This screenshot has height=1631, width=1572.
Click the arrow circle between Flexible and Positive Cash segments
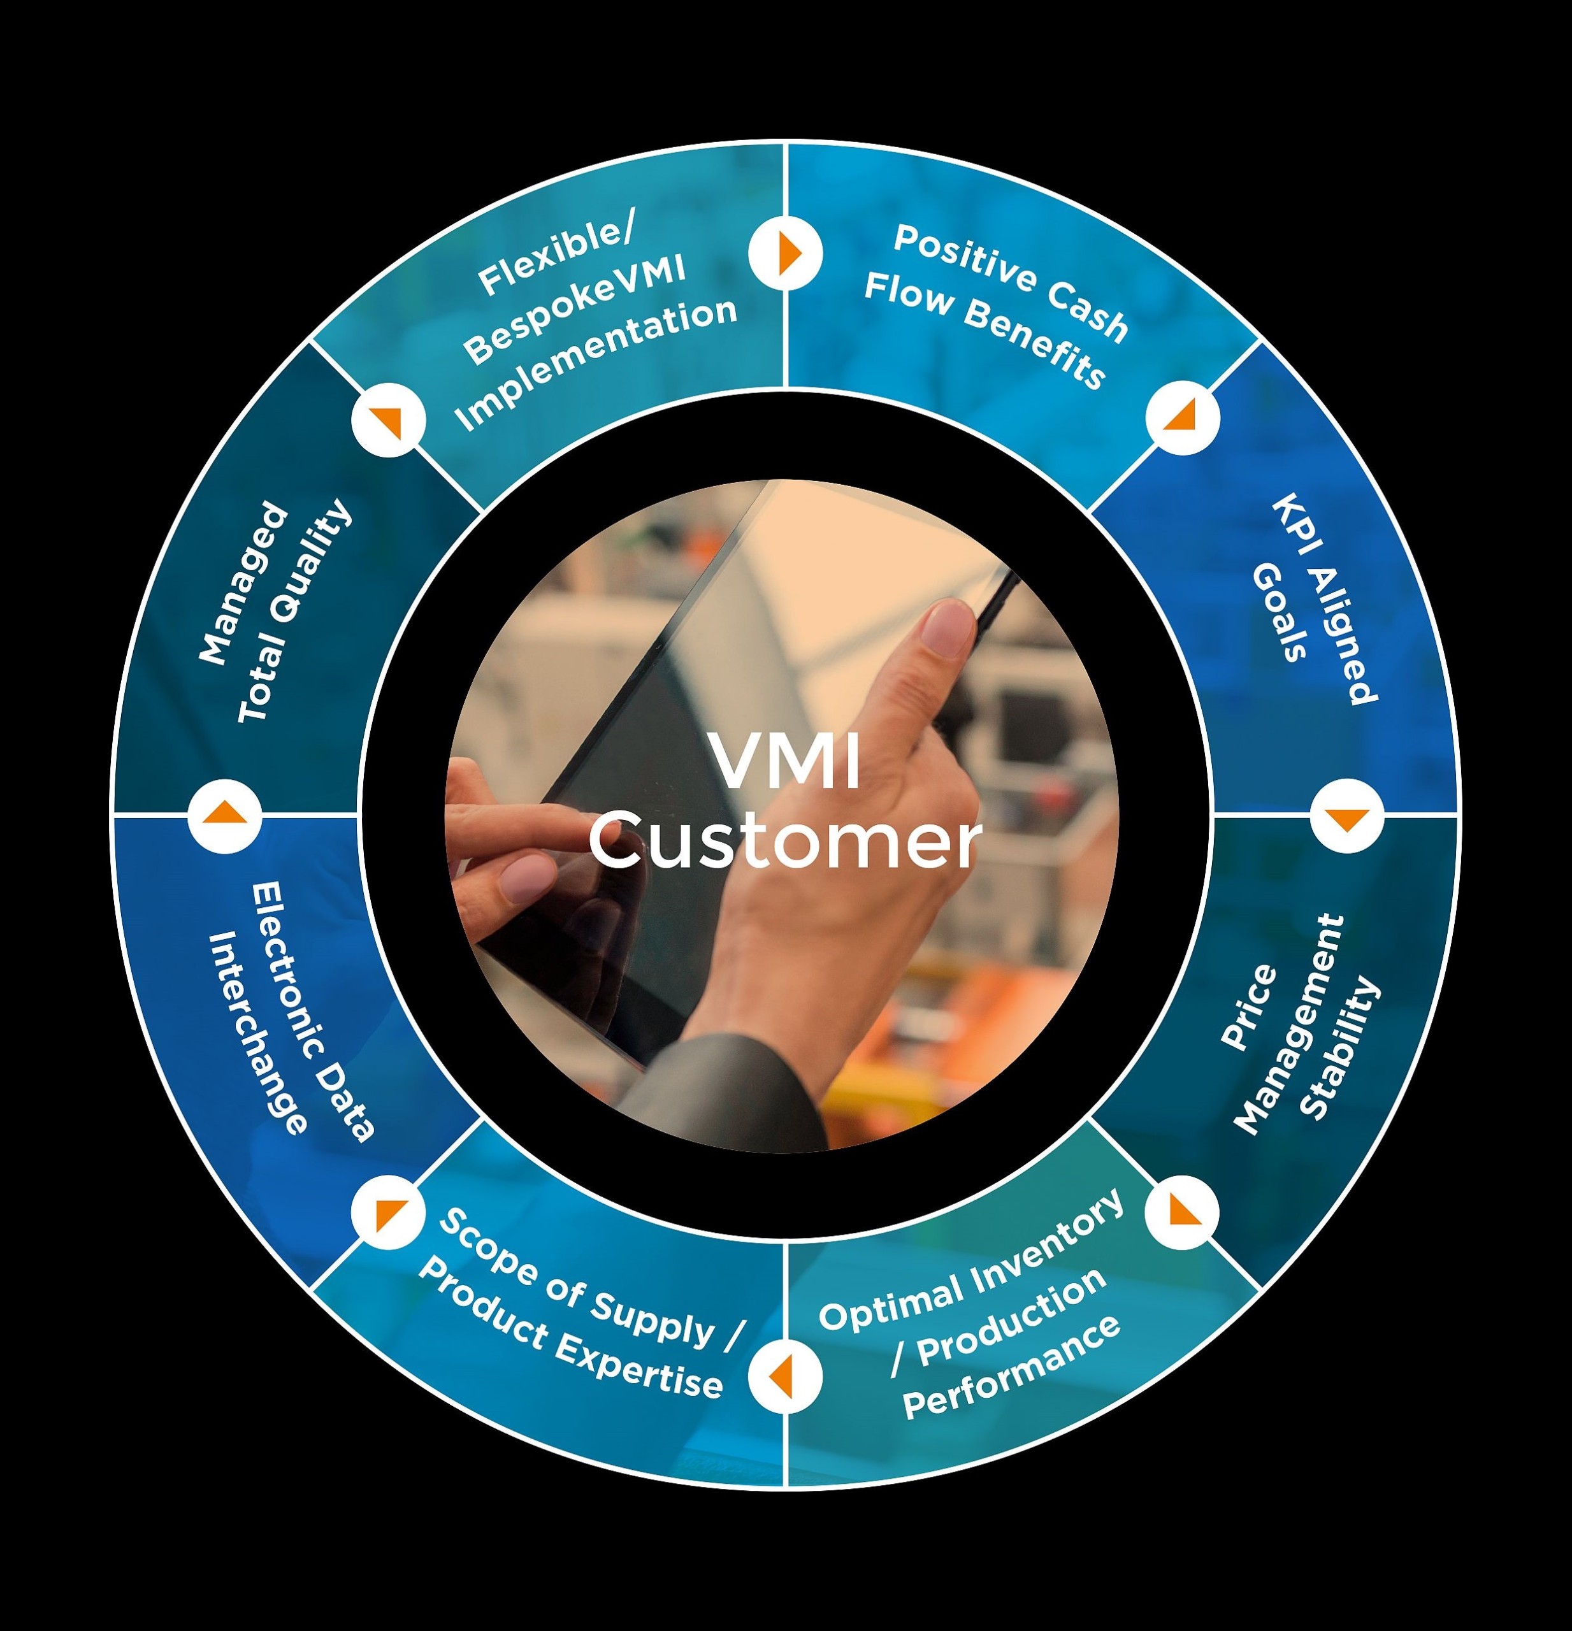[x=786, y=253]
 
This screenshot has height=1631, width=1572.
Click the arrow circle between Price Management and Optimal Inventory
[x=1181, y=1212]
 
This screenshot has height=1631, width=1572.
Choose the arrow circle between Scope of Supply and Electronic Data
[x=389, y=1212]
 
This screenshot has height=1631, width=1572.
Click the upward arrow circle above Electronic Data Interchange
[x=225, y=815]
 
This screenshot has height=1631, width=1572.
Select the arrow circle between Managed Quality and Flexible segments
[x=389, y=419]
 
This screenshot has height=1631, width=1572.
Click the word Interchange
[x=256, y=1032]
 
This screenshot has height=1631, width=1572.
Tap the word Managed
[x=243, y=582]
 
